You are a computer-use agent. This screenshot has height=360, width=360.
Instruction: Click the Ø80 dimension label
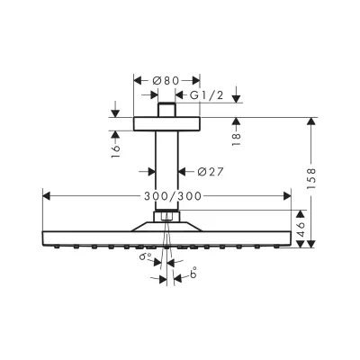click(x=166, y=80)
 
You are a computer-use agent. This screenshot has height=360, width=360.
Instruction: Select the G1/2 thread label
click(x=207, y=95)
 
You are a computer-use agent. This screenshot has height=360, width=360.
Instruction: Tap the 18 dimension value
click(x=237, y=139)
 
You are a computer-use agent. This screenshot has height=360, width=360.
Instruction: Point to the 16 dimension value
click(x=115, y=152)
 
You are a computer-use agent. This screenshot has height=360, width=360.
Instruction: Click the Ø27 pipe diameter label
click(x=211, y=172)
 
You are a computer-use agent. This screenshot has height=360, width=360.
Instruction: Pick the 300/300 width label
click(x=173, y=196)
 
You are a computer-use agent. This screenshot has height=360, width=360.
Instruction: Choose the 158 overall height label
click(x=311, y=178)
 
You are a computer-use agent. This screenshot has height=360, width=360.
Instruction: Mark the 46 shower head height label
click(x=301, y=229)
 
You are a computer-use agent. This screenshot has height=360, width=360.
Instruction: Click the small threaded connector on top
click(x=166, y=110)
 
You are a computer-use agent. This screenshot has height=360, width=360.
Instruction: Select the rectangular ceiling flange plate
click(x=166, y=123)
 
